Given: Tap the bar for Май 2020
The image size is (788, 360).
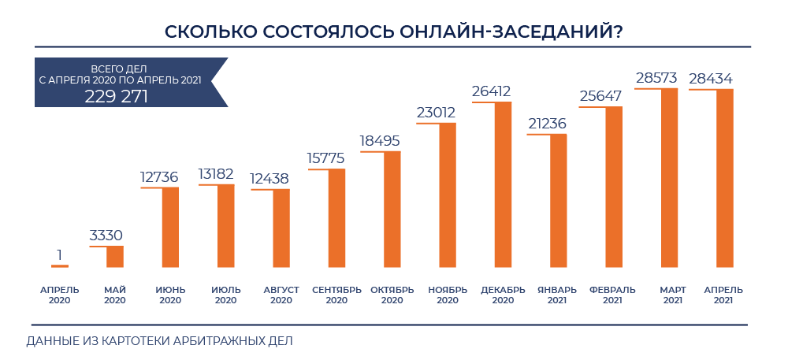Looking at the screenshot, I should coord(115,257).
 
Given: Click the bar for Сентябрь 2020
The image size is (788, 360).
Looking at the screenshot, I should coord(336,218).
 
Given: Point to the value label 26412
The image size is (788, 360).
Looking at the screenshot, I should coord(492,92).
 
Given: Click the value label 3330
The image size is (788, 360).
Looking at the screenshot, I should coord(106,236).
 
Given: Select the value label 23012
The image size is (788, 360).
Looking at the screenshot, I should coord(436,113).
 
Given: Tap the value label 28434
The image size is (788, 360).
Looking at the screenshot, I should coord(711,79).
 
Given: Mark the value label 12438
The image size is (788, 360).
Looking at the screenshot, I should coord(269,179).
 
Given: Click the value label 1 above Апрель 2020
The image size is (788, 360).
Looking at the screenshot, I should coord(59,254).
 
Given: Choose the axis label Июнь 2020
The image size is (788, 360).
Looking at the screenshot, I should coord(170,295).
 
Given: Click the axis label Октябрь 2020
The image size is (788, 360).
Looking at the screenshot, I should coord(392,295).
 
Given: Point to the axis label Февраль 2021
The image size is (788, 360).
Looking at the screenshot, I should coord(612,295).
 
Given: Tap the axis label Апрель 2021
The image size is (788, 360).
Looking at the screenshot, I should coord(723,295).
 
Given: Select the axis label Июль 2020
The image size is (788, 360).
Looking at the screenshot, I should coord(225,295).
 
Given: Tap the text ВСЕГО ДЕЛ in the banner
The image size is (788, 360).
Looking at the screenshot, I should coord(119,69).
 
